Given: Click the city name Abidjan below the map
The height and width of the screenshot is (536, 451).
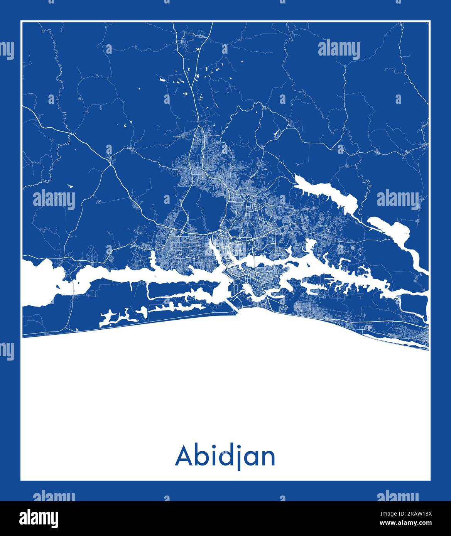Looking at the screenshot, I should (x=225, y=457).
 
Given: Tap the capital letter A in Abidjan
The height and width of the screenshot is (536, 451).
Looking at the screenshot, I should (x=184, y=457).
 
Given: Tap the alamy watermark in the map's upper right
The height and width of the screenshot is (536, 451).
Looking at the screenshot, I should (x=339, y=50).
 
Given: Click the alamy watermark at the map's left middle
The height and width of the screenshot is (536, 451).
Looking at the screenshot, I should (x=54, y=199).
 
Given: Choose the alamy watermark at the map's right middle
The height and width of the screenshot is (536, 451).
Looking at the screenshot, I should (x=397, y=199).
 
